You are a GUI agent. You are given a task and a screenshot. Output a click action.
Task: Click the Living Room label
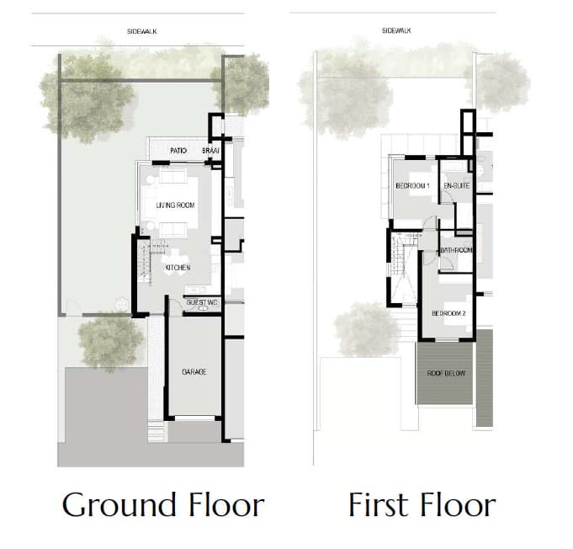[x=175, y=205]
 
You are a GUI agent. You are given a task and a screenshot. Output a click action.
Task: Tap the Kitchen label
[x=178, y=268]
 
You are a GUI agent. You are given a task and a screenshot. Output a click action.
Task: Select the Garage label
[x=194, y=372]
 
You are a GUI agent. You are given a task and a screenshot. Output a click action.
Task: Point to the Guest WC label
[x=202, y=302]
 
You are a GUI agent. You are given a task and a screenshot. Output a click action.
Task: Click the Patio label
[x=178, y=151]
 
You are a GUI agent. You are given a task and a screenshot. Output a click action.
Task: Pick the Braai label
[x=210, y=151]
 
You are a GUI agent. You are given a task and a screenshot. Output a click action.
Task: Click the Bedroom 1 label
[x=412, y=186]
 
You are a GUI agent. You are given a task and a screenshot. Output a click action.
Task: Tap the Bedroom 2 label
[x=448, y=313]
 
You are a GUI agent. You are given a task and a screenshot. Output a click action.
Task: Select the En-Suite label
[x=457, y=186]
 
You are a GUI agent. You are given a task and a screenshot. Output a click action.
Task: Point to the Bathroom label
[x=456, y=250]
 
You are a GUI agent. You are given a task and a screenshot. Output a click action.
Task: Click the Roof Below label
[x=446, y=373]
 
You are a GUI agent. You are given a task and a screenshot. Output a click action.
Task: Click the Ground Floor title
[x=163, y=505]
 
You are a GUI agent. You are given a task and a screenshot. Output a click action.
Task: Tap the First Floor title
[x=422, y=504]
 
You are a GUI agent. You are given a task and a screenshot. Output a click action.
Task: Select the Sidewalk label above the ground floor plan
[x=142, y=31]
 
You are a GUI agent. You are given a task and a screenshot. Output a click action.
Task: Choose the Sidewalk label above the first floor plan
[x=396, y=30]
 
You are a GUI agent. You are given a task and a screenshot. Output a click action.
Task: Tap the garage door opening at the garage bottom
[x=195, y=418]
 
